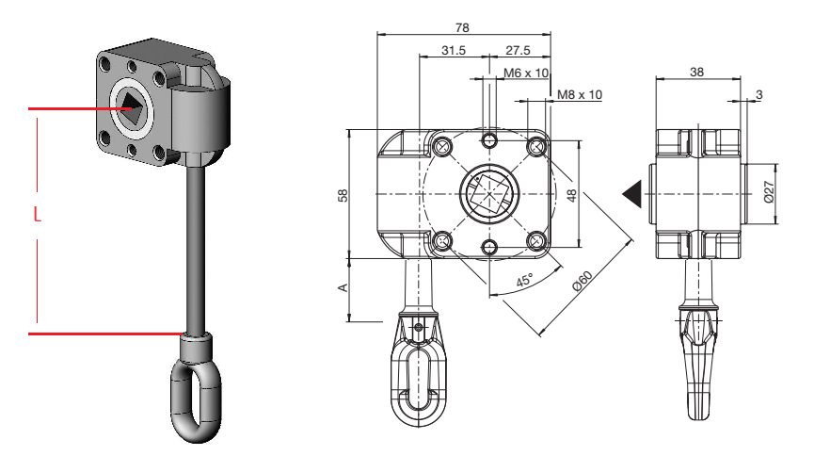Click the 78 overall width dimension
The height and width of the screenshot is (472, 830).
pyautogui.click(x=462, y=27)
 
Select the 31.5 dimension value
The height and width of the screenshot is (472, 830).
pyautogui.click(x=454, y=50)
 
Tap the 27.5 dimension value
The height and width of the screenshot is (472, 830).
pyautogui.click(x=518, y=50)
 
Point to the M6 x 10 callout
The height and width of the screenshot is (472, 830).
pyautogui.click(x=526, y=73)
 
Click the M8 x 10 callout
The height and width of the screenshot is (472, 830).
pyautogui.click(x=580, y=95)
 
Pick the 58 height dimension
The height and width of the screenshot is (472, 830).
pyautogui.click(x=343, y=195)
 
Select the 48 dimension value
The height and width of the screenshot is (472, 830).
pyautogui.click(x=572, y=195)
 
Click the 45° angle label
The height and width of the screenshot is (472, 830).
pyautogui.click(x=525, y=280)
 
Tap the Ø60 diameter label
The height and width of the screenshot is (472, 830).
pyautogui.click(x=583, y=281)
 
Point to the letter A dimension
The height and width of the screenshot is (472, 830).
pyautogui.click(x=343, y=287)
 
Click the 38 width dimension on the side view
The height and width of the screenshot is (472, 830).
pyautogui.click(x=696, y=72)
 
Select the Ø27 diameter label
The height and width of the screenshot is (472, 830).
pyautogui.click(x=769, y=191)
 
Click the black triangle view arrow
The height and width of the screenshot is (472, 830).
pyautogui.click(x=632, y=194)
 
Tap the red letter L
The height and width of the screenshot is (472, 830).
pyautogui.click(x=37, y=215)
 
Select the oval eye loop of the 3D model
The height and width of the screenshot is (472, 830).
pyautogui.click(x=195, y=401)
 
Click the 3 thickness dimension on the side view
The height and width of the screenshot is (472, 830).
pyautogui.click(x=759, y=94)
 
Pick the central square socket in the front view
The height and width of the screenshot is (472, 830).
pyautogui.click(x=489, y=194)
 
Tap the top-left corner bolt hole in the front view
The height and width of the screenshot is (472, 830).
pyautogui.click(x=442, y=146)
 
